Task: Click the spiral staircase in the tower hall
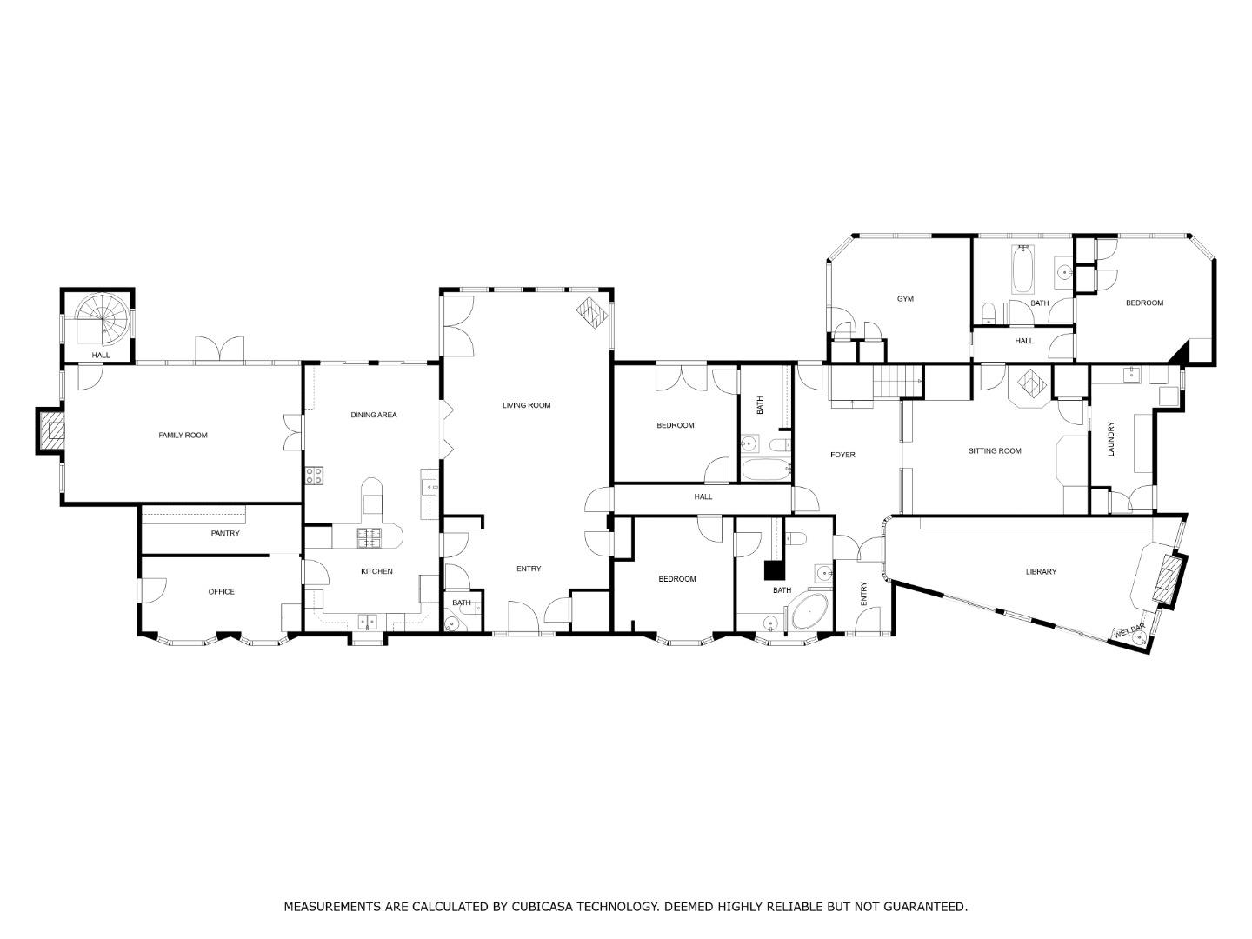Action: click(99, 319)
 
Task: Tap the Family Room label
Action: click(183, 435)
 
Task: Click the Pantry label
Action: click(225, 533)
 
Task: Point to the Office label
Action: click(222, 592)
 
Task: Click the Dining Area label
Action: click(374, 415)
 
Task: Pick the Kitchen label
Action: click(376, 571)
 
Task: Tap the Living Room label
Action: click(527, 405)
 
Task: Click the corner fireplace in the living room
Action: click(591, 314)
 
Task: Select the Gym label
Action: click(905, 299)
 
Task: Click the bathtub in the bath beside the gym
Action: click(1023, 270)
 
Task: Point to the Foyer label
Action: click(842, 455)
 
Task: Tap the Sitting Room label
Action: click(995, 450)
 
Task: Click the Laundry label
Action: click(1110, 439)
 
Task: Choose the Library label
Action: click(1041, 571)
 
